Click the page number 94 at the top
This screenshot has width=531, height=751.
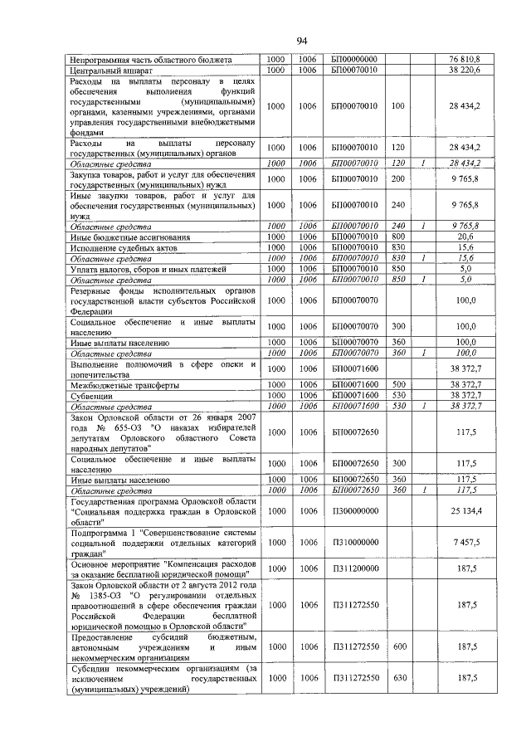(302, 41)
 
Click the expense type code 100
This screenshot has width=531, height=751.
(397, 106)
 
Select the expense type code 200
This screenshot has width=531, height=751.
(397, 178)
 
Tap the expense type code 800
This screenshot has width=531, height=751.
(397, 237)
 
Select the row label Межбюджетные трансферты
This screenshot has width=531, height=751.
(124, 385)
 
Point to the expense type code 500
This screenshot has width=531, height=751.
(397, 385)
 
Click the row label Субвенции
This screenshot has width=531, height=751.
(93, 396)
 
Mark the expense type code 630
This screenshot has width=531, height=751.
(399, 678)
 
